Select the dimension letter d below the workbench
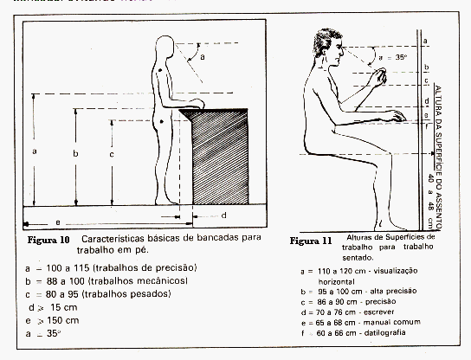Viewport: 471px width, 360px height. click(x=223, y=215)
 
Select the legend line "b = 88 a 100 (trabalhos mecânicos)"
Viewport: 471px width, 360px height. click(x=107, y=281)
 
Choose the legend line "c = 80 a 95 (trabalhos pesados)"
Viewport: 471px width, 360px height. click(x=100, y=294)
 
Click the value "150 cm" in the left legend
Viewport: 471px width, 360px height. click(x=66, y=320)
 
